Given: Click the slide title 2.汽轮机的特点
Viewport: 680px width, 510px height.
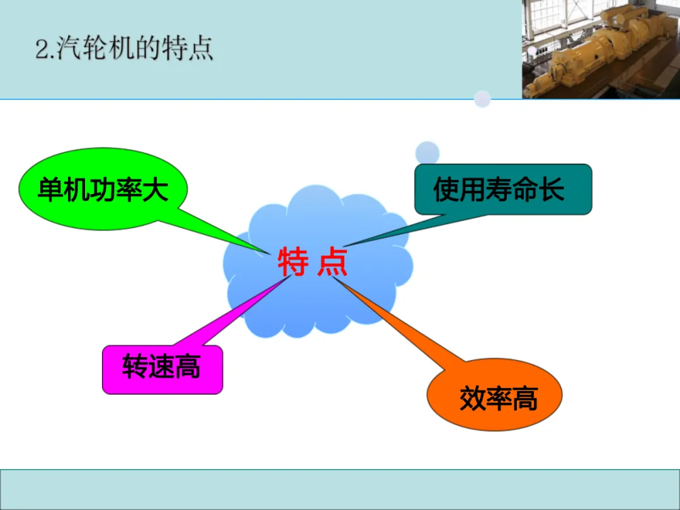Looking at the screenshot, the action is (x=124, y=48).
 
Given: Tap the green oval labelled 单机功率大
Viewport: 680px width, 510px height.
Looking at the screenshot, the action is (x=103, y=189).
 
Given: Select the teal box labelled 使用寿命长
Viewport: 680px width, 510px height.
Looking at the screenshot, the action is (x=503, y=189).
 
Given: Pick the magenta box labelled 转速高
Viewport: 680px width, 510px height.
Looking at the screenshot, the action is (x=162, y=370).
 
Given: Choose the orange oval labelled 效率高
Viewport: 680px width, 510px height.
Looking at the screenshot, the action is (x=494, y=395).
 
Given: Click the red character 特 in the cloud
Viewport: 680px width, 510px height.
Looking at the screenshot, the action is (x=293, y=261).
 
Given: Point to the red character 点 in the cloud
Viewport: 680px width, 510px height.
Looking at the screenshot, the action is (x=332, y=261).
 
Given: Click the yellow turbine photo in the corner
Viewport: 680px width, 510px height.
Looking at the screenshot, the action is (x=601, y=49).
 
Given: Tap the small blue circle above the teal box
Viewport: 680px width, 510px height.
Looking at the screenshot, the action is (x=427, y=152).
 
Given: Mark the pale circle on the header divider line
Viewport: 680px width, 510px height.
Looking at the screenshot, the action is (x=482, y=99).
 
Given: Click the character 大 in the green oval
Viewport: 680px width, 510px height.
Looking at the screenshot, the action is (x=155, y=190).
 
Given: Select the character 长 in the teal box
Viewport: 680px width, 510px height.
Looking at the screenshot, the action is (x=551, y=190).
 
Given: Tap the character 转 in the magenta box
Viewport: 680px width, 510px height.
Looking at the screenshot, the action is (x=135, y=366).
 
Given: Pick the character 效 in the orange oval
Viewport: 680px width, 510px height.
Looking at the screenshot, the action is (x=472, y=399).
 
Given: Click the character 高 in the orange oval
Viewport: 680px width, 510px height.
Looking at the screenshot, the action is (x=524, y=399).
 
